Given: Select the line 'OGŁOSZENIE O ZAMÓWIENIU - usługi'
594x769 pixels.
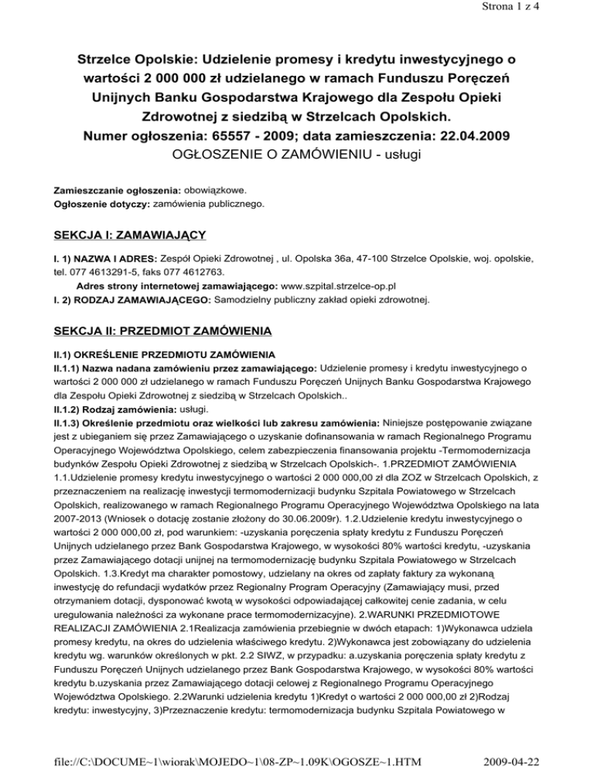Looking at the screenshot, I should (296, 158).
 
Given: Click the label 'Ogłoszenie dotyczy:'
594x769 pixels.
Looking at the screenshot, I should (102, 204).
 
